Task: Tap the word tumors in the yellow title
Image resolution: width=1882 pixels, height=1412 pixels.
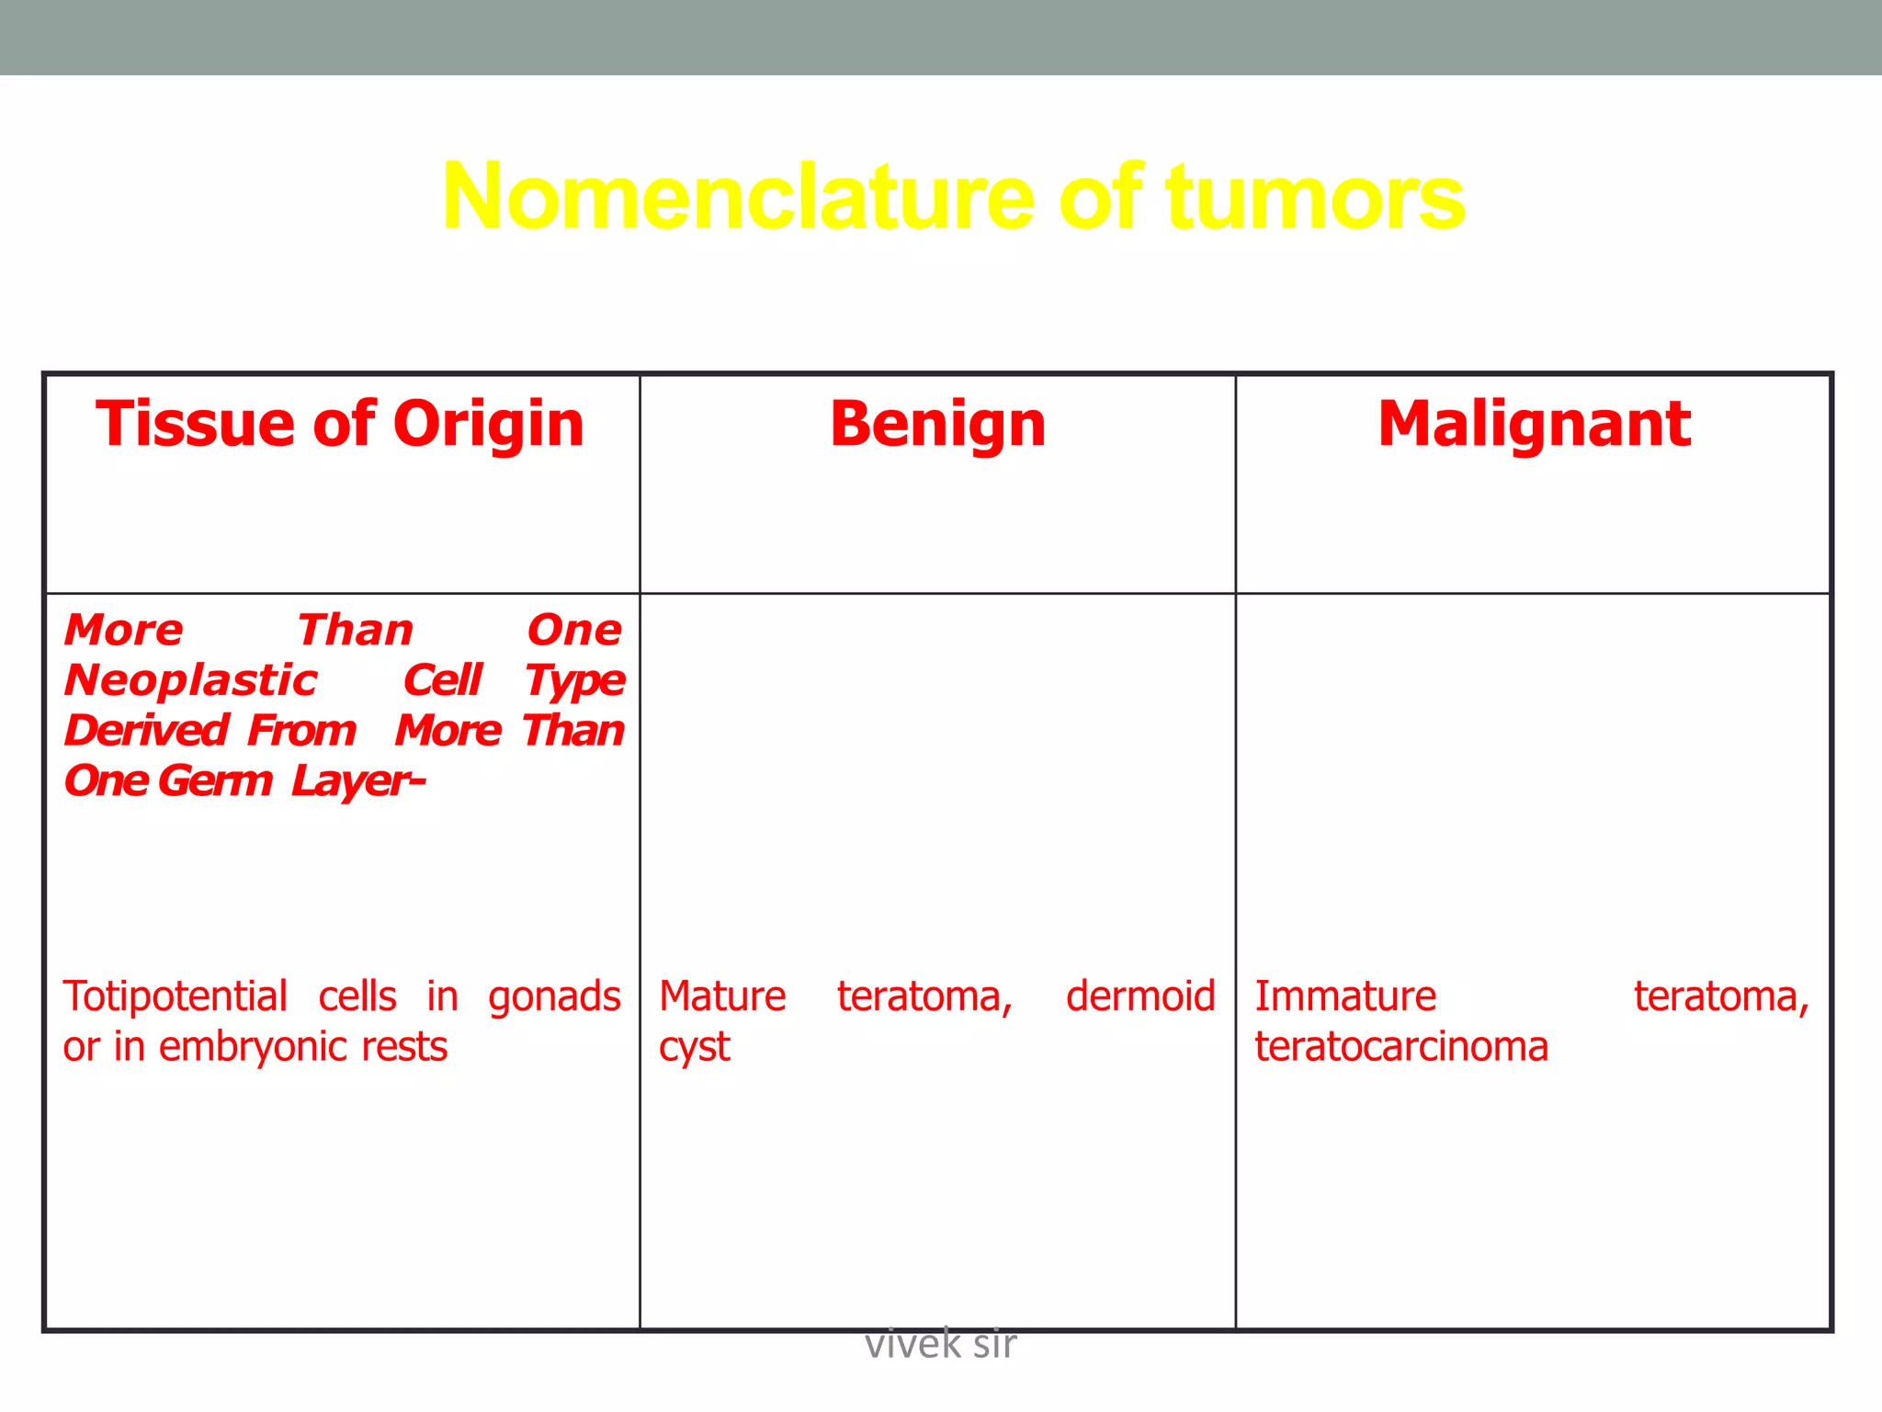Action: click(x=1315, y=197)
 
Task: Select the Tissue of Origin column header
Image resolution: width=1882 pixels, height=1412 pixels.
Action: click(x=340, y=424)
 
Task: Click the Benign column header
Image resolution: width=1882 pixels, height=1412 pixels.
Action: click(x=937, y=424)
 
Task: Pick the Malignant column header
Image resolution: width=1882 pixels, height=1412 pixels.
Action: click(x=1534, y=424)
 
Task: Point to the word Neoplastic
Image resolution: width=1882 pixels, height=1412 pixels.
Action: click(x=191, y=680)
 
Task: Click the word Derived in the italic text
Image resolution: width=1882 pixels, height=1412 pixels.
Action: click(x=146, y=731)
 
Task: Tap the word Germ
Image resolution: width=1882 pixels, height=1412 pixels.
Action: click(x=215, y=781)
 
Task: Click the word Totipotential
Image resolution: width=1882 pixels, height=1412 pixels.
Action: click(x=175, y=996)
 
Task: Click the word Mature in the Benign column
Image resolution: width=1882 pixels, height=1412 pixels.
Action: click(x=722, y=996)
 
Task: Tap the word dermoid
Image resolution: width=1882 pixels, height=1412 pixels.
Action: click(x=1139, y=996)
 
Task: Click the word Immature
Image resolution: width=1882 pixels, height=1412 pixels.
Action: click(x=1345, y=996)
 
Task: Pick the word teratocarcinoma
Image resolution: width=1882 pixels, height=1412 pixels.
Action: click(x=1401, y=1047)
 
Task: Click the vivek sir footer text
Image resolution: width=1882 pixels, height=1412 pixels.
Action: click(x=940, y=1345)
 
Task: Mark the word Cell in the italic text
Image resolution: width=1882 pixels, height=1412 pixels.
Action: click(x=442, y=680)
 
